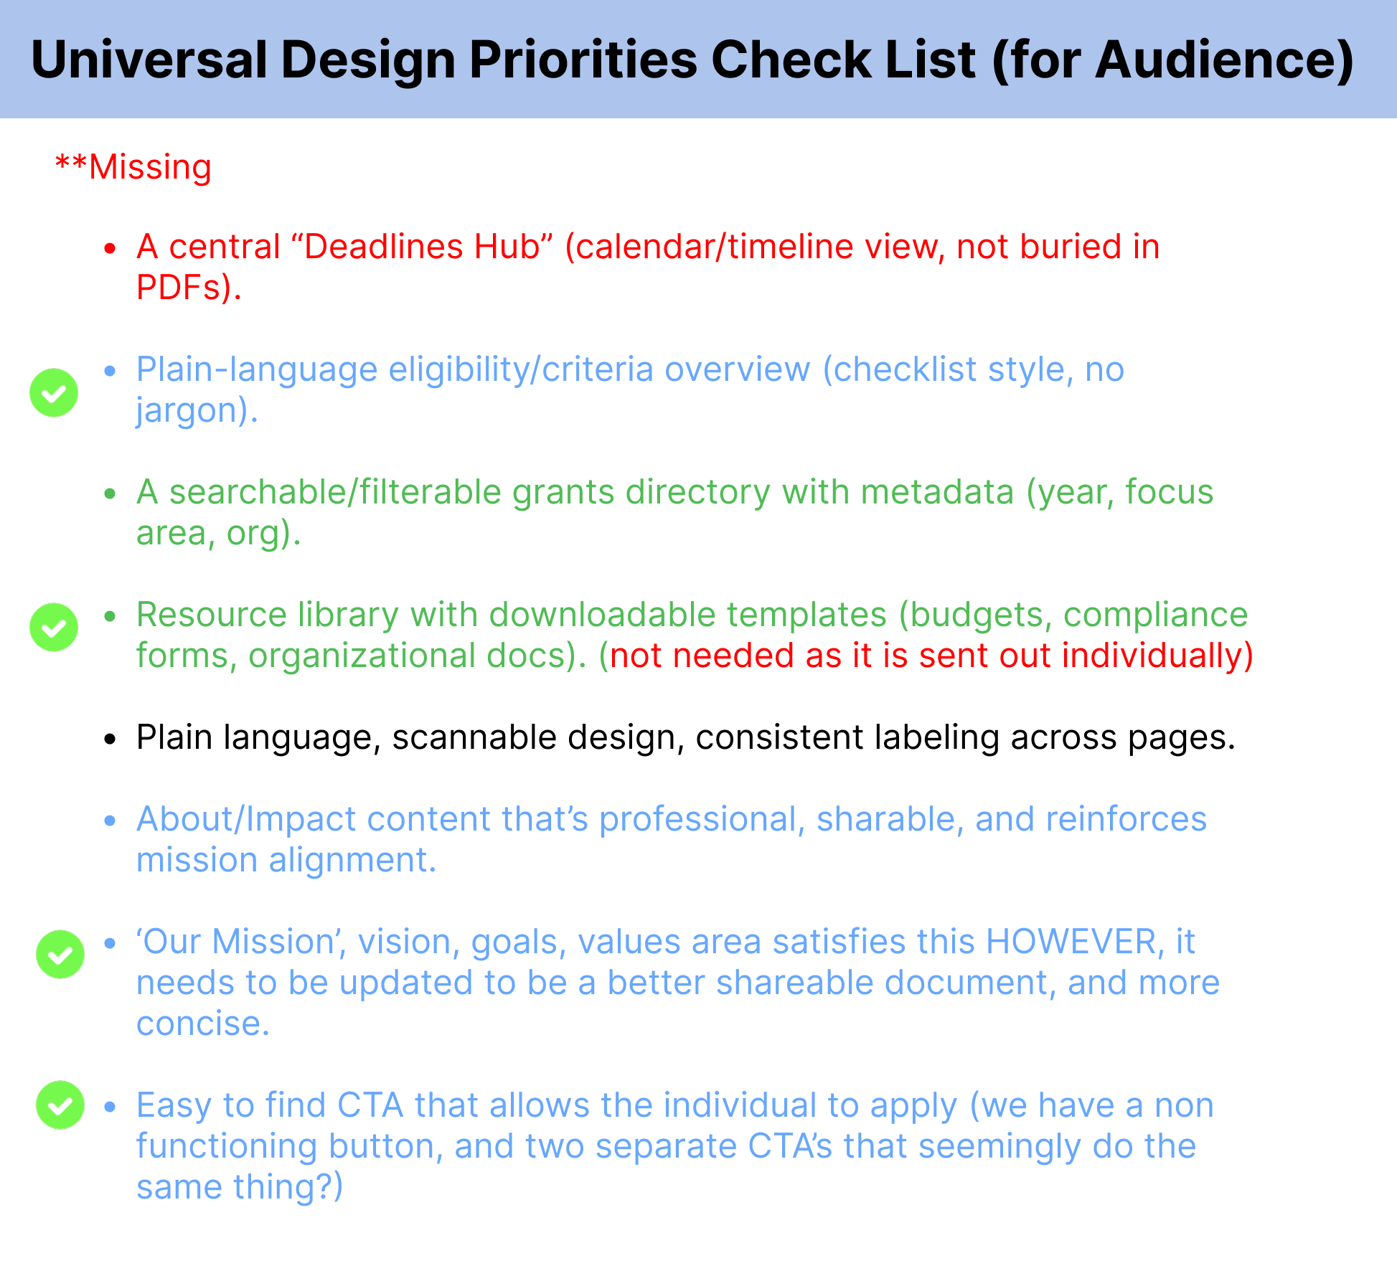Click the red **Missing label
[x=133, y=167]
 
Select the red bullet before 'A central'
[x=110, y=248]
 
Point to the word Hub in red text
[x=510, y=247]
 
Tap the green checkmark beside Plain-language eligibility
[x=54, y=393]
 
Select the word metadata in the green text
[x=937, y=493]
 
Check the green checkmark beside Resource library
[x=54, y=628]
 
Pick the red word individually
[x=1157, y=656]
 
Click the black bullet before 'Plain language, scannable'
[x=110, y=739]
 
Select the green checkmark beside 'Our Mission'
[x=60, y=955]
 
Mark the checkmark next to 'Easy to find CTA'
[x=60, y=1105]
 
